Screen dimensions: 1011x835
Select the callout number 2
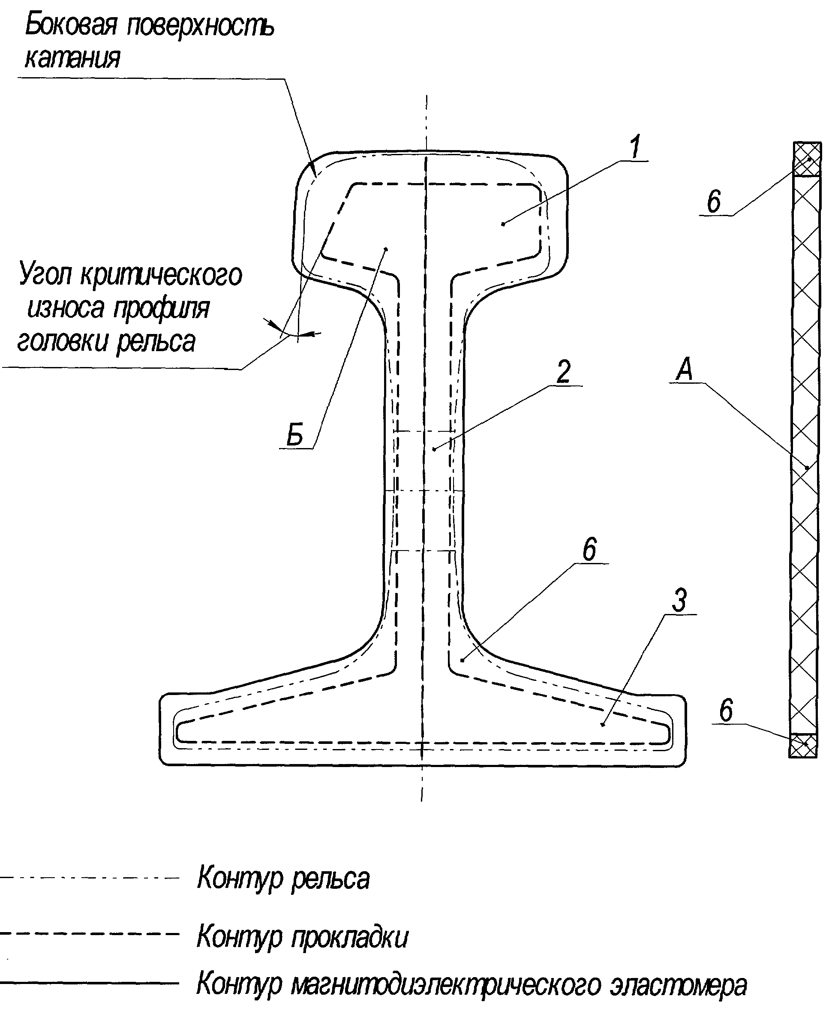pyautogui.click(x=564, y=371)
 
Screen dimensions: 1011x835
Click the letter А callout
pyautogui.click(x=685, y=370)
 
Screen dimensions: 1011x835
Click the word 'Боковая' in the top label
pyautogui.click(x=71, y=25)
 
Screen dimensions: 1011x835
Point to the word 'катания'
pyautogui.click(x=72, y=59)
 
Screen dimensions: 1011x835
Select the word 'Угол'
pyautogui.click(x=46, y=275)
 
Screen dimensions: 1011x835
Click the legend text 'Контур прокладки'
pyautogui.click(x=303, y=937)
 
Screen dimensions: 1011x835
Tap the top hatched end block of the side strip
pyautogui.click(x=807, y=160)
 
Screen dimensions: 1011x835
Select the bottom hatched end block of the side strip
pyautogui.click(x=803, y=745)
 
